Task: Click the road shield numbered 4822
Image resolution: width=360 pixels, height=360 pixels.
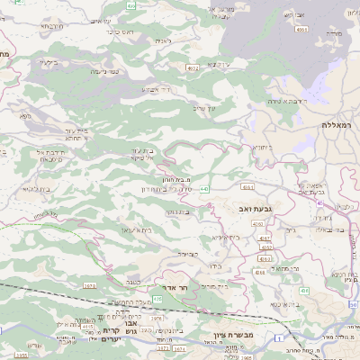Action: [x=193, y=67]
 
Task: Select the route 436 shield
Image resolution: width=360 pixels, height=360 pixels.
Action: [x=303, y=290]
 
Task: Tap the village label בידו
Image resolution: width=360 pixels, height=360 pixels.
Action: [x=213, y=267]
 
